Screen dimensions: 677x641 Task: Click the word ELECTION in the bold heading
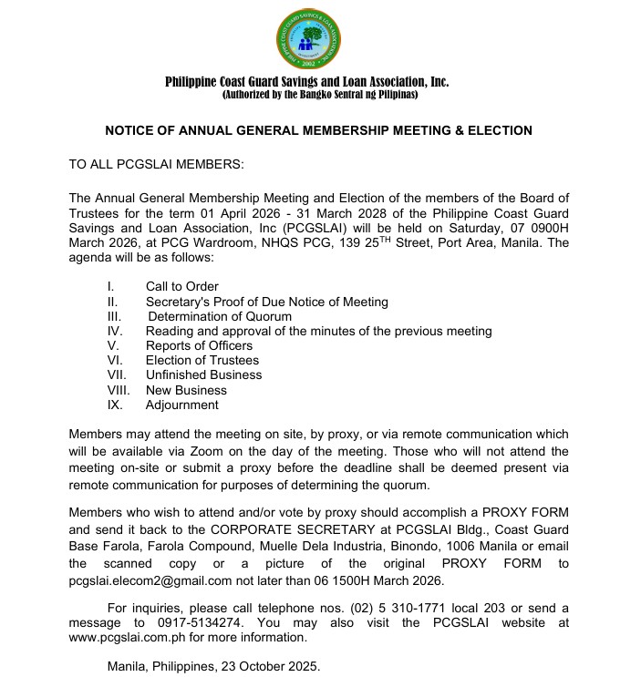499,130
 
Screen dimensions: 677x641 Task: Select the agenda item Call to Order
182,287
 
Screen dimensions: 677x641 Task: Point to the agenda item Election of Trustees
202,360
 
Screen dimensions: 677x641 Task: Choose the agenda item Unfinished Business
203,374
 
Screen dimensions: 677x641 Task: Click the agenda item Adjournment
182,405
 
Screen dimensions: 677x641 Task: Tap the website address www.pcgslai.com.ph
129,638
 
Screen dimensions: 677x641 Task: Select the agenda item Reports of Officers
199,345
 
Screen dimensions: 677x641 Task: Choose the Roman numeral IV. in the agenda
115,331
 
